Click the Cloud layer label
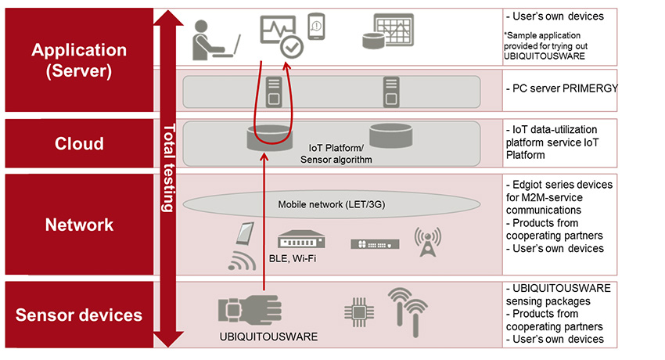(x=79, y=144)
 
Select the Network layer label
(x=79, y=225)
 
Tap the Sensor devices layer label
(x=79, y=315)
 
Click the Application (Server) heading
(x=79, y=60)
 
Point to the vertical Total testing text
(x=167, y=168)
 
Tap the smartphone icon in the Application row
(x=316, y=27)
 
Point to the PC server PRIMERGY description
(x=562, y=88)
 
